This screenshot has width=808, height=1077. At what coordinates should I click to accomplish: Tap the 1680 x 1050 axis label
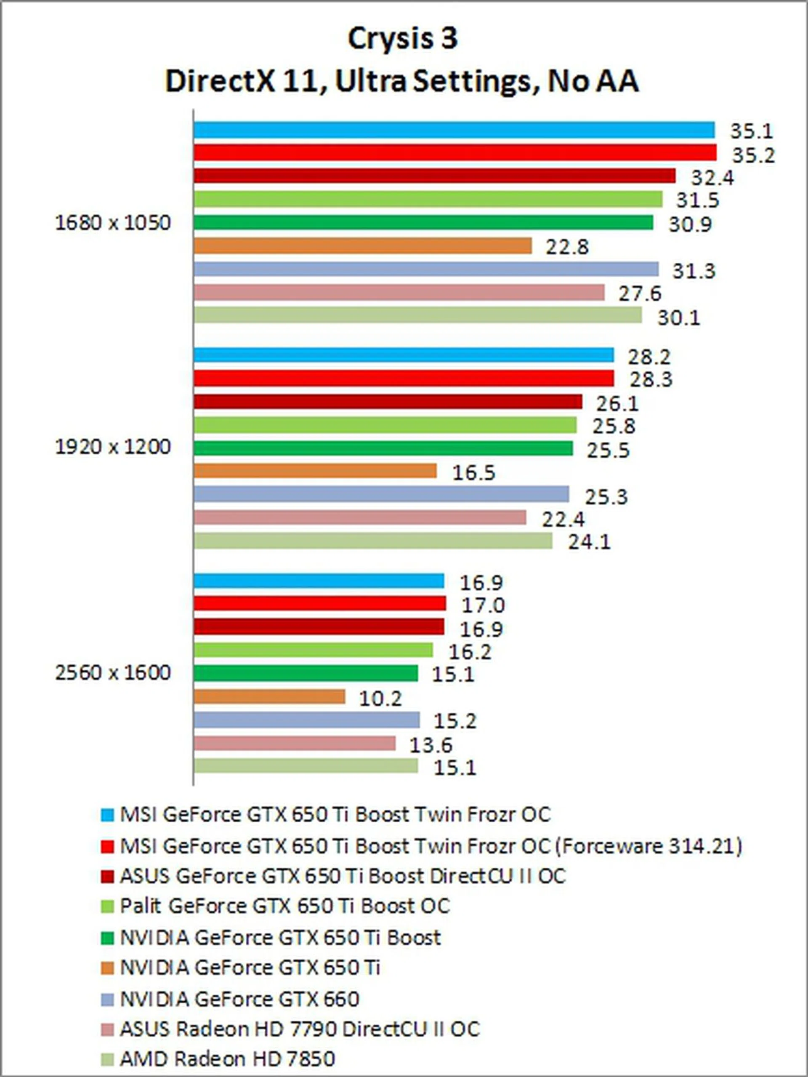pos(113,223)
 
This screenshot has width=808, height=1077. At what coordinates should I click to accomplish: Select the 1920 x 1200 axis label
pos(113,447)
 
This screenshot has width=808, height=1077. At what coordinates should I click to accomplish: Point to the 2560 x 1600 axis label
pos(113,673)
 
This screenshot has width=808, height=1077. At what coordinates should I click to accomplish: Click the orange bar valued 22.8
pos(363,246)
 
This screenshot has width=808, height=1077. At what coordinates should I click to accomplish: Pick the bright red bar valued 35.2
pos(455,153)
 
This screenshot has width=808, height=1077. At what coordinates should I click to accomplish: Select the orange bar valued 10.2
pos(269,697)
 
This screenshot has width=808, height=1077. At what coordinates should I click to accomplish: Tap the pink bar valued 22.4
pos(360,517)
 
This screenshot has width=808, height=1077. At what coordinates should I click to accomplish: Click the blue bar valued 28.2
pos(404,355)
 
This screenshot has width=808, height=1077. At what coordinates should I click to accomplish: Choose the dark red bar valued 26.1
pos(388,402)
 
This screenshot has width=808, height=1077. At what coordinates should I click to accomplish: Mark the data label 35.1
pos(752,131)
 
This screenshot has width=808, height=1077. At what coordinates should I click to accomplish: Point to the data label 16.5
pos(473,473)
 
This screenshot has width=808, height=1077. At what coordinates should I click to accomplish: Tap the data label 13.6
pos(431,745)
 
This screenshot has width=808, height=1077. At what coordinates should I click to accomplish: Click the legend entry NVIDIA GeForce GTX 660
pos(239,999)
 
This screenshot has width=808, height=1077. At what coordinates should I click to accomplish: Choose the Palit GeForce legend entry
pos(285,906)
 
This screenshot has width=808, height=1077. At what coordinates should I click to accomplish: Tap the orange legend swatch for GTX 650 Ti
pos(107,968)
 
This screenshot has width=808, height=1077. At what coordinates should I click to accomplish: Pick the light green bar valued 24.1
pos(373,541)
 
